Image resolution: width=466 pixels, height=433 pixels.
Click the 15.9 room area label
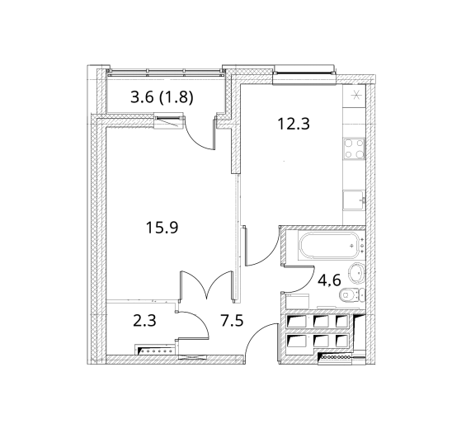click(x=162, y=228)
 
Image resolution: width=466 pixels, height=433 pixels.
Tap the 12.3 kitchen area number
click(x=294, y=124)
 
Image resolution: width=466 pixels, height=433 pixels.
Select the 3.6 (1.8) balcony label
click(x=162, y=97)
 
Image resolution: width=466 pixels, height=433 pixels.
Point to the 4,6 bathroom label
click(x=329, y=280)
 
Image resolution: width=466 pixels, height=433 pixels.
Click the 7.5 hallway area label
click(x=232, y=320)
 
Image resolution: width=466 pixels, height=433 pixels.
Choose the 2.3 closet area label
click(x=144, y=321)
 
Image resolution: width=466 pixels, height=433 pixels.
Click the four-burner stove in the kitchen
click(x=354, y=148)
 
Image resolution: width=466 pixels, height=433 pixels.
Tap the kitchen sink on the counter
click(x=354, y=200)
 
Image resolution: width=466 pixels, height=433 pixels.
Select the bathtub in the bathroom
click(x=329, y=246)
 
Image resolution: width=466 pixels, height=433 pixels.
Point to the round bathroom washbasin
click(x=355, y=273)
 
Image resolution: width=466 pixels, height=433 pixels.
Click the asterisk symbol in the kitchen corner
click(x=355, y=95)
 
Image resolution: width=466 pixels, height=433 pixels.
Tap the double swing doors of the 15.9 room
click(x=206, y=285)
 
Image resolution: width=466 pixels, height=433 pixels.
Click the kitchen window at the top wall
click(x=304, y=72)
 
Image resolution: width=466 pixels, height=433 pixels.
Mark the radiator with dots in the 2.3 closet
click(x=155, y=350)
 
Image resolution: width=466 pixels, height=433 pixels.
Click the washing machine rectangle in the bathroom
click(x=297, y=302)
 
